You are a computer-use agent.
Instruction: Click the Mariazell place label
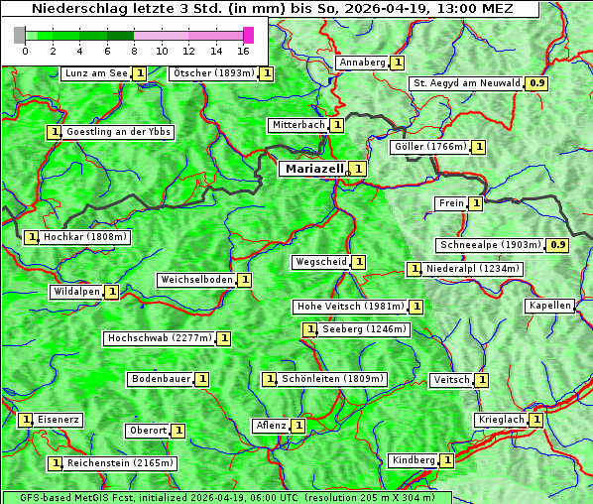click(313, 169)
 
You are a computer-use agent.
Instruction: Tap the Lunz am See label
click(95, 73)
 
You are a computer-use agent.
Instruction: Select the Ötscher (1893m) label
click(213, 73)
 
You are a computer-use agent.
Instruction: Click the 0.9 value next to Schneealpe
click(558, 245)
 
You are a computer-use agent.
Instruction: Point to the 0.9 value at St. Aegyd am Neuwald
click(536, 83)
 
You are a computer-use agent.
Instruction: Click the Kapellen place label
click(550, 306)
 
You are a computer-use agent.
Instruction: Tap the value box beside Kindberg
click(447, 460)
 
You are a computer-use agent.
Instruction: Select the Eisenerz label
click(59, 420)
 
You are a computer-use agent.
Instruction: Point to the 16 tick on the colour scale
click(243, 50)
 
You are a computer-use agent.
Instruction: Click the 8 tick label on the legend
click(134, 50)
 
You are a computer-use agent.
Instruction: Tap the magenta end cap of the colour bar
click(248, 35)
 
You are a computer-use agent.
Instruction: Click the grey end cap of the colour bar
click(20, 35)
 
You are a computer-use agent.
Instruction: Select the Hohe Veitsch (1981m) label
click(351, 307)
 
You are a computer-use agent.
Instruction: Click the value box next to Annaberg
click(398, 63)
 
